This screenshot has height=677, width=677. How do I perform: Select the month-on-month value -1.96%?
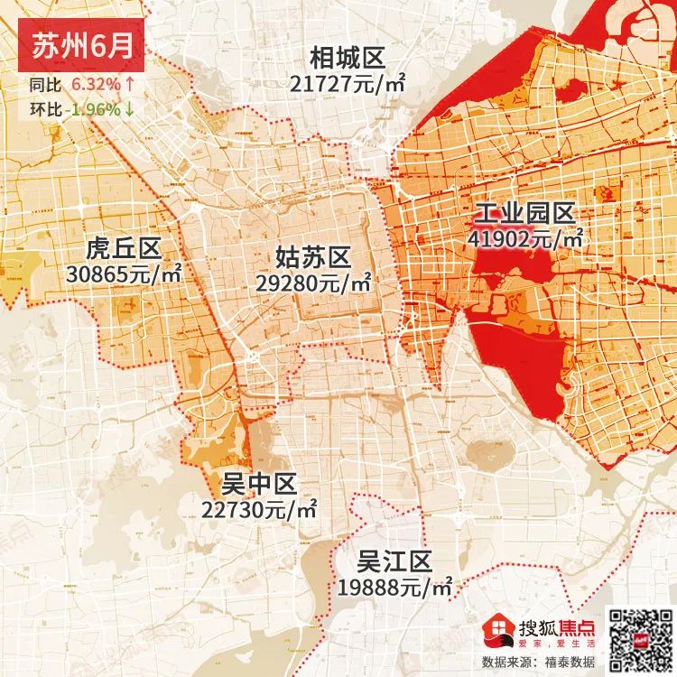coord(92,110)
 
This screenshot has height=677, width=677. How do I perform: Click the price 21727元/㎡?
coord(348,83)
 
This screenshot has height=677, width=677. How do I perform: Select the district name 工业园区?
coord(524,215)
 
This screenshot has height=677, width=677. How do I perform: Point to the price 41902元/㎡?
coord(526,239)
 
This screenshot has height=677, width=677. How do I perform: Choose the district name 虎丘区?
coord(123,246)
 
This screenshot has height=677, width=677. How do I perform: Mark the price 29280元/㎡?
coord(314,283)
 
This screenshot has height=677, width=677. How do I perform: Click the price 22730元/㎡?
coord(260,509)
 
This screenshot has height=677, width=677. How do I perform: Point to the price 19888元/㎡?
coord(394,587)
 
